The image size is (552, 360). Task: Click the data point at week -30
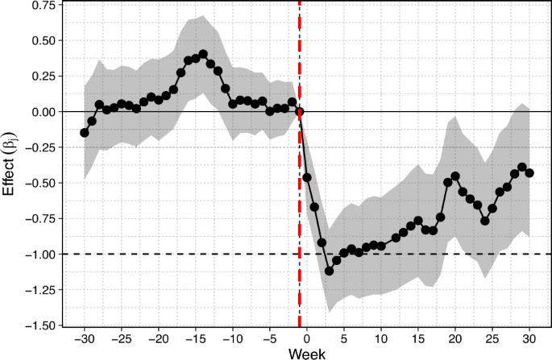click(x=85, y=132)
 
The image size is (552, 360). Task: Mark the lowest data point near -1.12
click(x=329, y=271)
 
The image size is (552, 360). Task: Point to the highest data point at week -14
click(x=203, y=54)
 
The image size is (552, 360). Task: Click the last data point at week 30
click(x=529, y=172)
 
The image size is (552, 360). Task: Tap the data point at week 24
click(x=485, y=220)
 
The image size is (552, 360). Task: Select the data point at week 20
click(x=455, y=176)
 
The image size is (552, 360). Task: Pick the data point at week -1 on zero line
click(x=300, y=112)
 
